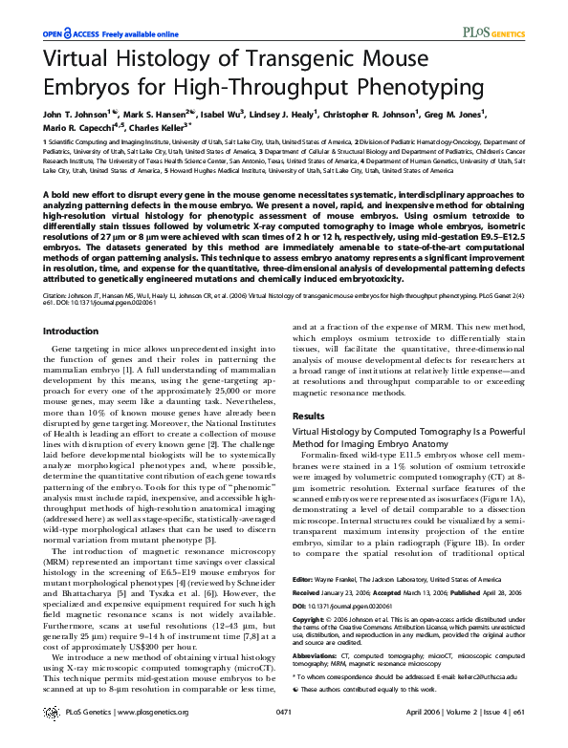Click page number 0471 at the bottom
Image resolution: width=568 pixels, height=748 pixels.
[x=283, y=713]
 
